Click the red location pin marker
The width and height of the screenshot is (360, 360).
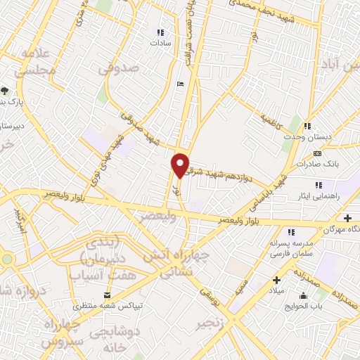pyautogui.click(x=181, y=165)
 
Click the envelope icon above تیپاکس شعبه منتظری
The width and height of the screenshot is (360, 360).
pyautogui.click(x=107, y=295)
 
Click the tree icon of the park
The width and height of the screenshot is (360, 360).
pyautogui.click(x=5, y=90)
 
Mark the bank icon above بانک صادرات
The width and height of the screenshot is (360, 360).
pyautogui.click(x=318, y=153)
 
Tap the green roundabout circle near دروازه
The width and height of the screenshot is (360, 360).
pyautogui.click(x=6, y=259)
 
